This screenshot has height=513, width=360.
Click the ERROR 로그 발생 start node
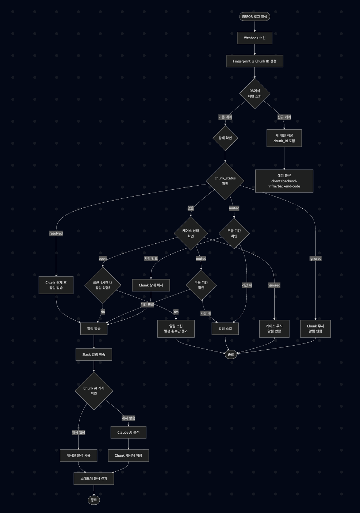(254, 16)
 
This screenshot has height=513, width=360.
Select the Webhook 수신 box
(254, 38)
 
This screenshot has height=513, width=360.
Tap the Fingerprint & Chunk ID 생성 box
(254, 61)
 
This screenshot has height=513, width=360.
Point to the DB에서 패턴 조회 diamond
(254, 94)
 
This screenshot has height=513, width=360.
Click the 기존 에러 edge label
(225, 117)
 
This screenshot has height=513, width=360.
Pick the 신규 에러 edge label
(284, 117)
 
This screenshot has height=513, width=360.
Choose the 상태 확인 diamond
(225, 138)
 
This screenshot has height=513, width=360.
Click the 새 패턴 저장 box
(284, 138)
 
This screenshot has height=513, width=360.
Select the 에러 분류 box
(284, 181)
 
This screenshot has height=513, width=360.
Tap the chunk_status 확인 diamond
(225, 181)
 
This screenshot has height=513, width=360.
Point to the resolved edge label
(56, 233)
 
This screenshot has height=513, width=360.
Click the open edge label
(103, 259)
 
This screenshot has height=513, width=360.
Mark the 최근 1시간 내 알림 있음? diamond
(103, 285)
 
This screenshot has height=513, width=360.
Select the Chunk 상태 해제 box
(151, 285)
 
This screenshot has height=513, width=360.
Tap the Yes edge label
(176, 312)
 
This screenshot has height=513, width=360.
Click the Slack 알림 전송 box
(94, 354)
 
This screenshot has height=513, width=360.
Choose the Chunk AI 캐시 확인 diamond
(94, 391)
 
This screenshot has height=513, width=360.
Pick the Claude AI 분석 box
(129, 432)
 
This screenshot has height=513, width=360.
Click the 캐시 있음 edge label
(78, 432)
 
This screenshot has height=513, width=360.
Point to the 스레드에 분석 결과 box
(94, 478)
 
